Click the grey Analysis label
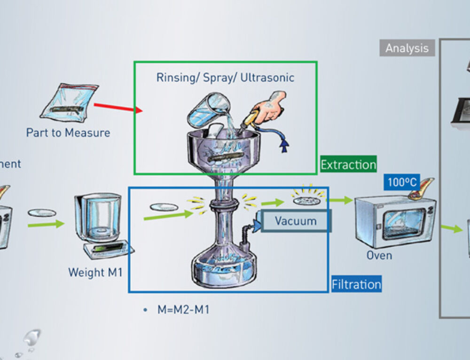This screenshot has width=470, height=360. coord(407,48)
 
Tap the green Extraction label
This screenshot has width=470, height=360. coord(348,164)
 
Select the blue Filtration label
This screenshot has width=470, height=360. coord(356,284)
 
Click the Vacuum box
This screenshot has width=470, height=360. coord(296,220)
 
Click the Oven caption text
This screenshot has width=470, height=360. coord(379,255)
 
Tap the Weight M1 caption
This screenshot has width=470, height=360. coord(95,272)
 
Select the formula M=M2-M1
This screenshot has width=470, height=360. coord(183,310)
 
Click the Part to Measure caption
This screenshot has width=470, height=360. coord(68,133)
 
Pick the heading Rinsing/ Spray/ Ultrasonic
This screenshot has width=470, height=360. coord(225,78)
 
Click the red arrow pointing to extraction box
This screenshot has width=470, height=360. coord(118,108)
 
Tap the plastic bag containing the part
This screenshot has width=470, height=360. coord(70,101)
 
